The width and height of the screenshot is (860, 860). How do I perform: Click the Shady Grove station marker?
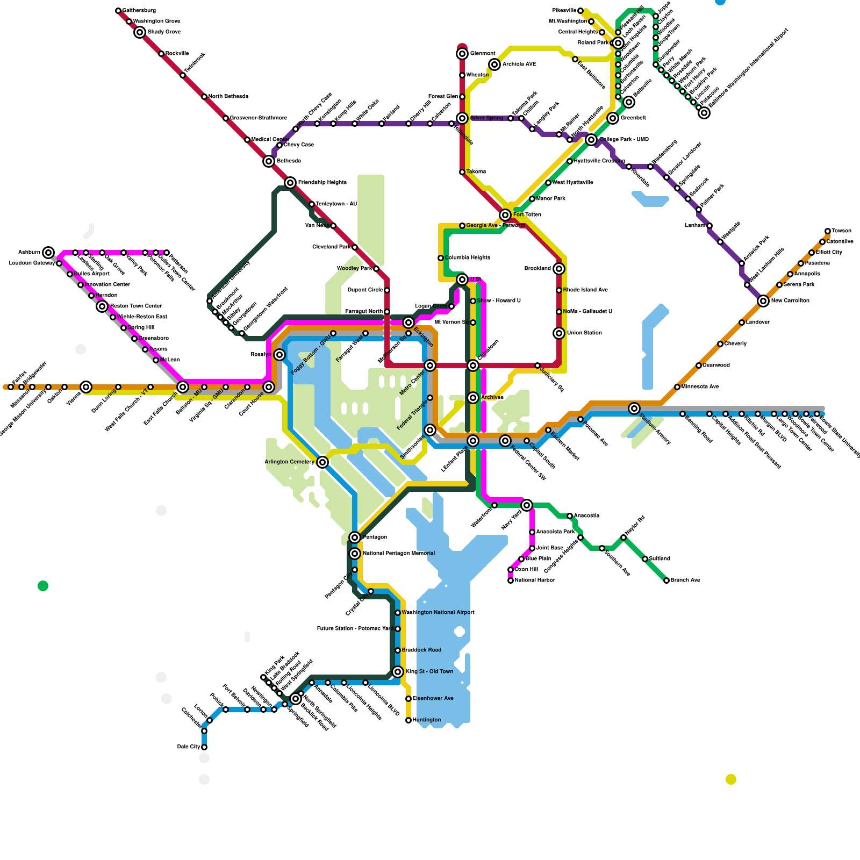point(140,32)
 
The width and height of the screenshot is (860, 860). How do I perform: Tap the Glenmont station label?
point(482,54)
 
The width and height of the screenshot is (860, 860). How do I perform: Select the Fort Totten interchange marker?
point(505,215)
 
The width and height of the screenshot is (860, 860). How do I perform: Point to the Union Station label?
point(584,333)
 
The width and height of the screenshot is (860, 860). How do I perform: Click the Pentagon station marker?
point(355,537)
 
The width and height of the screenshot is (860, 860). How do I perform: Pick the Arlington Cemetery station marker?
point(322,462)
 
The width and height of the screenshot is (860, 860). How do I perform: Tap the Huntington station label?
point(426,720)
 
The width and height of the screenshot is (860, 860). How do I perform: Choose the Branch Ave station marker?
point(666,580)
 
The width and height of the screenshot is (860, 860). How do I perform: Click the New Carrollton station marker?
point(763,301)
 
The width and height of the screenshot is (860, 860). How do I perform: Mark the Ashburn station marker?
point(48,253)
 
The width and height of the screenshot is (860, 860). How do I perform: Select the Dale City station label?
point(188,747)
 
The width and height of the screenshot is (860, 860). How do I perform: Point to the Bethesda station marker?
point(269,161)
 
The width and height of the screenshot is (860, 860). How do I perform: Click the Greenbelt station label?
point(633,118)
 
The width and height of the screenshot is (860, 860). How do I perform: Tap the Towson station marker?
point(828,231)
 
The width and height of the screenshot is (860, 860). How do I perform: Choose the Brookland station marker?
point(559,269)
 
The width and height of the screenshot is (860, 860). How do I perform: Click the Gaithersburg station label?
point(139,11)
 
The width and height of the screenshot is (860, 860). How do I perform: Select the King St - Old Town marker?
point(398,672)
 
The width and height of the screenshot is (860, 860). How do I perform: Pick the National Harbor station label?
point(534,580)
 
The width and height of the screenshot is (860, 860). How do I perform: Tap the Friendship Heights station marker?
point(290,183)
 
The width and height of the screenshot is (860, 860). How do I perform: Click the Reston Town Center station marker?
point(102,306)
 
